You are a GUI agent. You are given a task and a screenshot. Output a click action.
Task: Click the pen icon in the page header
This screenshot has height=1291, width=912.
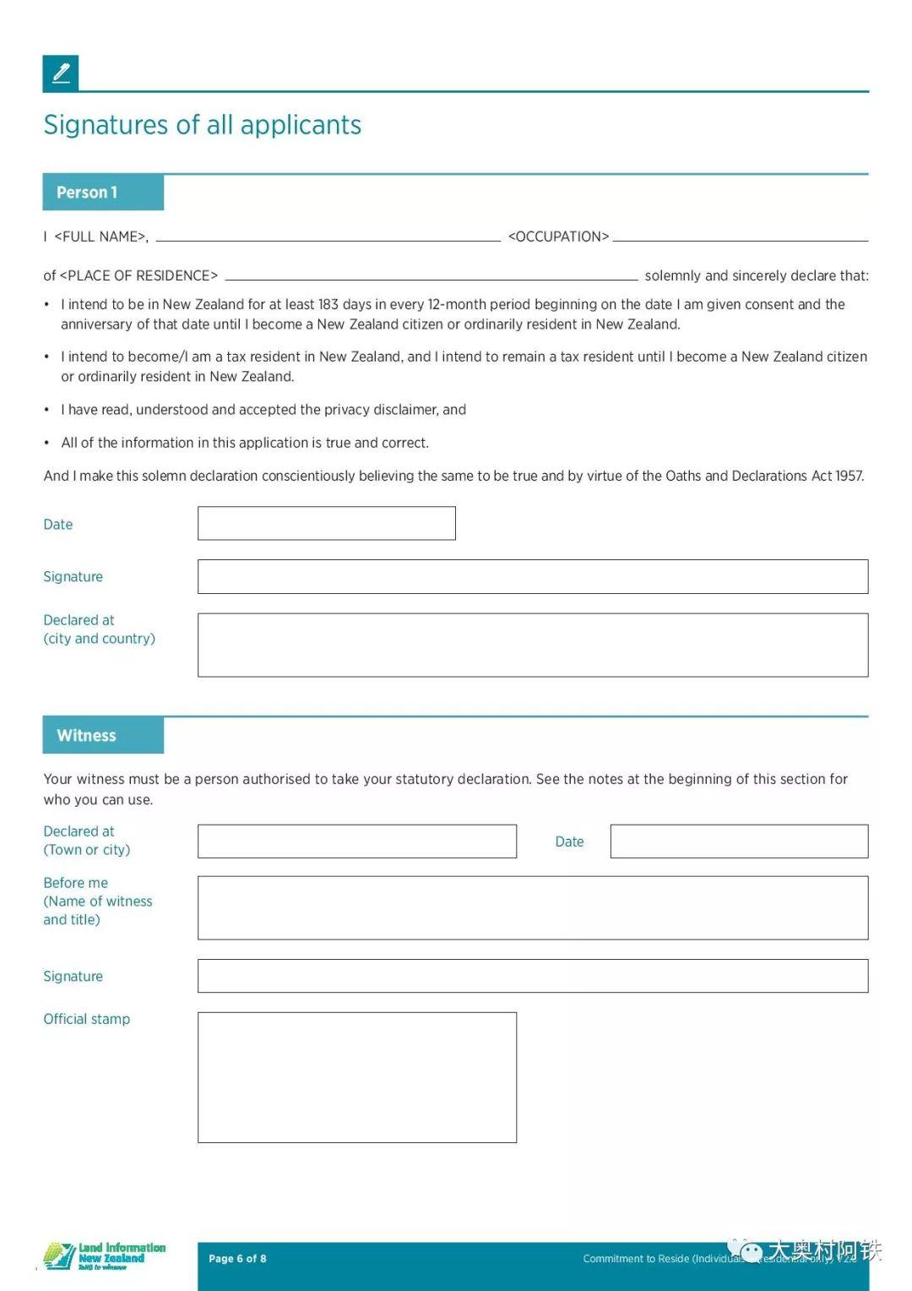coord(61,74)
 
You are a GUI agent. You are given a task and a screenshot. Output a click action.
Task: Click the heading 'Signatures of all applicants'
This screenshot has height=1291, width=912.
coord(203,125)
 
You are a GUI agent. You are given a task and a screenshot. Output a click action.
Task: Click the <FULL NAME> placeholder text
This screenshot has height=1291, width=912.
coord(100,237)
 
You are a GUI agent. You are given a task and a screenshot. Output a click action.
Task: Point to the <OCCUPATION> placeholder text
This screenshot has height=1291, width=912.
coord(558,237)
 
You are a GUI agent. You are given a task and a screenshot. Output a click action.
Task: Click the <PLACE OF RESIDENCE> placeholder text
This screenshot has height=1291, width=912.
coord(138,275)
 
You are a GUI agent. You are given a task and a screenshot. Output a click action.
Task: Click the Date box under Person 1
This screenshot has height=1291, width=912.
coord(326,523)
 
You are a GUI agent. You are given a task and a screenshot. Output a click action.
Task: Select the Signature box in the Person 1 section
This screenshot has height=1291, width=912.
coord(532,576)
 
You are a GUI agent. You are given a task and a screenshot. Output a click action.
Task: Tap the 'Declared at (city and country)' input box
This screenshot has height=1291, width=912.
coord(532,645)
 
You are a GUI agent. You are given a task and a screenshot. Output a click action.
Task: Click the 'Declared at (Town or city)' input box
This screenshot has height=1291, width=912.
coord(356,842)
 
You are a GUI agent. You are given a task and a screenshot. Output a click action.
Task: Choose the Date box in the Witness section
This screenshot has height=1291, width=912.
coord(739,842)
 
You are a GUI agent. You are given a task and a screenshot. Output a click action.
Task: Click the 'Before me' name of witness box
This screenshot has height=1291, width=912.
coord(532,907)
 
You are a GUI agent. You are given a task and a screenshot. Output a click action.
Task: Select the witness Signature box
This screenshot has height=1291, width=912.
coord(532,976)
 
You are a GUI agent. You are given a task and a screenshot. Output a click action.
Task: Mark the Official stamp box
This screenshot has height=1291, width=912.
coord(356,1077)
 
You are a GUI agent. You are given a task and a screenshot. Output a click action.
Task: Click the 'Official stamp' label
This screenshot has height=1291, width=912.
coord(87,1019)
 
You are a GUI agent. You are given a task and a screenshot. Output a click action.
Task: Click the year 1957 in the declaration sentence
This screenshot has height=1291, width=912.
coord(849,476)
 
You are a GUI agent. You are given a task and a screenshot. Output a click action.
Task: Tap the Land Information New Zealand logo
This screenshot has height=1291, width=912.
coord(104,1256)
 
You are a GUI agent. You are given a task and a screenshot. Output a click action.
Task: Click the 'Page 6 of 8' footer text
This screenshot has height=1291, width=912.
coord(237,1258)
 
